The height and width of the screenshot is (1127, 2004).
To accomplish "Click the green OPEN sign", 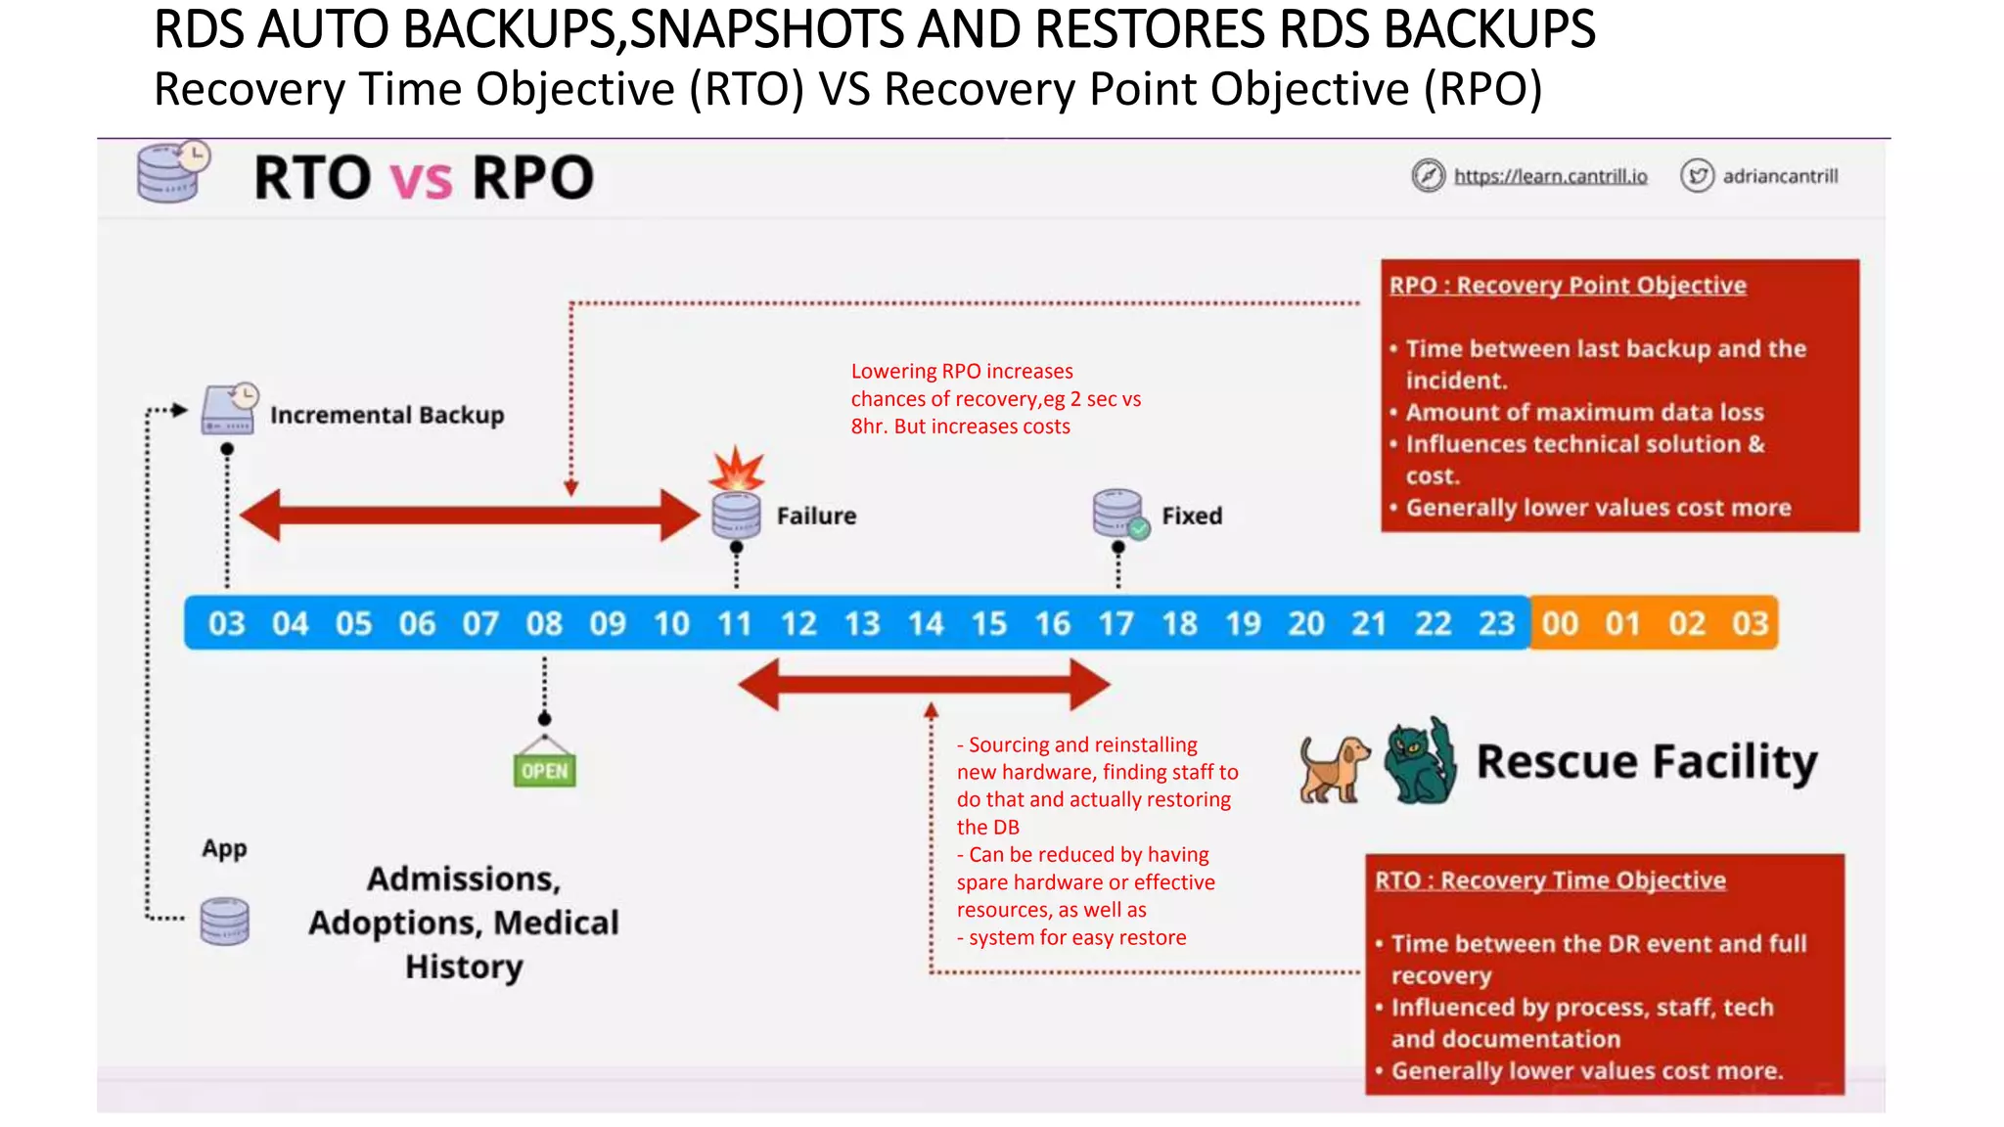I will [545, 769].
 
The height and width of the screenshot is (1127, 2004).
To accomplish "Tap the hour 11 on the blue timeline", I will [734, 623].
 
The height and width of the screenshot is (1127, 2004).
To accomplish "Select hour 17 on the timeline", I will [1116, 623].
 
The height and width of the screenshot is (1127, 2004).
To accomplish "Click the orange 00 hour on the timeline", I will [1560, 623].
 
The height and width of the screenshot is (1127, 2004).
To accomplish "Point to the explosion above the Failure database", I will [737, 470].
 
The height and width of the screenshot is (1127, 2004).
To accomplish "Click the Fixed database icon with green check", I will [1118, 514].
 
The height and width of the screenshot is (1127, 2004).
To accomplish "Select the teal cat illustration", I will [1420, 761].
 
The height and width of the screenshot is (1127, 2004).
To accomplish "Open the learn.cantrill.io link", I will [1550, 176].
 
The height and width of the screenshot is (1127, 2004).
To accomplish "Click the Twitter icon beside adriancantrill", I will [1697, 176].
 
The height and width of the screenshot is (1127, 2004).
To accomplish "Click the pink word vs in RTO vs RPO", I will [421, 179].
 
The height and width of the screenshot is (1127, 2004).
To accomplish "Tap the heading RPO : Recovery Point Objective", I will [1568, 286].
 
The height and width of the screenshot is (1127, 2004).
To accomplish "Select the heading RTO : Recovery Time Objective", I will [1550, 880].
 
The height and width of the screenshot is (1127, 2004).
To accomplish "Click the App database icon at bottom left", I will [225, 921].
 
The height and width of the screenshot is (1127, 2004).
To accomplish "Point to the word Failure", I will [816, 516].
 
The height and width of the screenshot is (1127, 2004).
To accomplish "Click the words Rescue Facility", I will [1646, 762].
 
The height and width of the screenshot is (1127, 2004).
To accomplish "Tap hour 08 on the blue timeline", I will [544, 623].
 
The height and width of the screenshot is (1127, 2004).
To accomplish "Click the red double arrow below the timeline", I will [924, 684].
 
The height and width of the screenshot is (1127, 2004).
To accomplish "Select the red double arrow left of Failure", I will [470, 515].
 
